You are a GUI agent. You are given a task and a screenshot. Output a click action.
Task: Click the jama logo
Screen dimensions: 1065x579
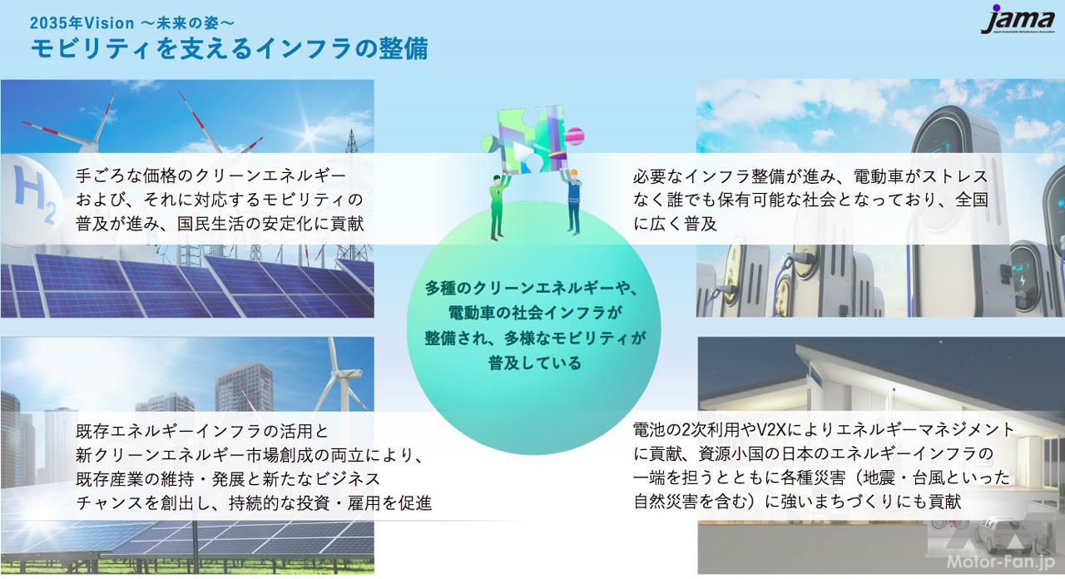point(1017,19)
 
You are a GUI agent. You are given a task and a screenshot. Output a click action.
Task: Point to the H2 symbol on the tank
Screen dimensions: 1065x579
point(36,195)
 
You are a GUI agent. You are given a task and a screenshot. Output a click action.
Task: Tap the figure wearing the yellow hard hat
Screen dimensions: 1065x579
point(572,200)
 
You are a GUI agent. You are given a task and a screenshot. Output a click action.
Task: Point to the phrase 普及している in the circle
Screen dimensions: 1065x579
point(534,364)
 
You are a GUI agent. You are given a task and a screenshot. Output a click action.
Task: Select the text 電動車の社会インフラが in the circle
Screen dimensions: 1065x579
point(534,313)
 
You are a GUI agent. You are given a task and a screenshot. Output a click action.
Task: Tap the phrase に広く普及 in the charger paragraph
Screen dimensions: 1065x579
point(675,224)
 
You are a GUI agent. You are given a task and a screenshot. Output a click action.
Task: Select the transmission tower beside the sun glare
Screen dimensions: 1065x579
point(352,141)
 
